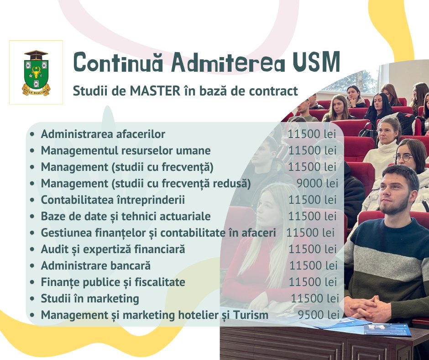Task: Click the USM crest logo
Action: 36,73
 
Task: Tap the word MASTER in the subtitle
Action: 155,91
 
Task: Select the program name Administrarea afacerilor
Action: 103,134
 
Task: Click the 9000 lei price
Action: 317,183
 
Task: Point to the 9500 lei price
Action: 319,315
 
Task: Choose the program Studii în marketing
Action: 90,299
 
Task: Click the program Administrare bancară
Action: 96,266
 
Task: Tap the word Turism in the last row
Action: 251,315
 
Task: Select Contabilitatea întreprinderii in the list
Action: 113,200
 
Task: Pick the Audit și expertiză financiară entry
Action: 113,249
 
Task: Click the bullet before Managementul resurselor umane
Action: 32,151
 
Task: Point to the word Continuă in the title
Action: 118,62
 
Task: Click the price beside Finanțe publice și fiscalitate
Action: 313,282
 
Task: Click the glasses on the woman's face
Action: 403,158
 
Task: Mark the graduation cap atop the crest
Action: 36,55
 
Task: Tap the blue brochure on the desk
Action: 387,329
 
